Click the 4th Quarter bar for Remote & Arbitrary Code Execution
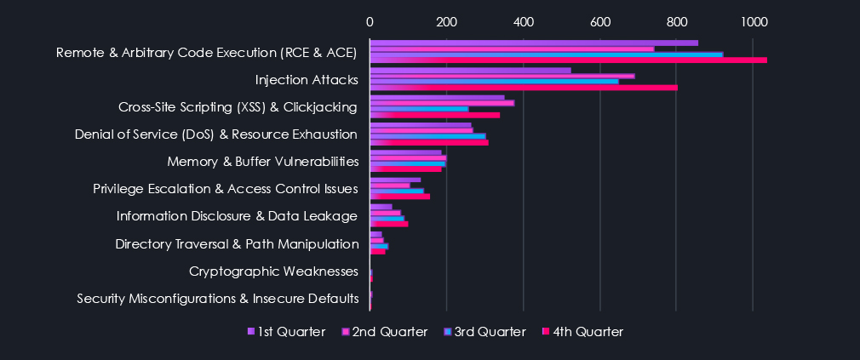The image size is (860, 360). pos(568,60)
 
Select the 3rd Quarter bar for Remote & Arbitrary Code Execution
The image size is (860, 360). pos(546,54)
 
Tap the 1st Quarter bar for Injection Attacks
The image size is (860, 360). pos(470,70)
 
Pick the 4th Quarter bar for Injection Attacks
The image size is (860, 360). pos(524,87)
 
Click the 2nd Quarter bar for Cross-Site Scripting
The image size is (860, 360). pos(442,103)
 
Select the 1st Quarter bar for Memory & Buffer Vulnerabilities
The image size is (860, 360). pos(405,152)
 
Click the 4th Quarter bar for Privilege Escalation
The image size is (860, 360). pos(399,197)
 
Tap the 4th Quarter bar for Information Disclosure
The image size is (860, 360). pos(389,224)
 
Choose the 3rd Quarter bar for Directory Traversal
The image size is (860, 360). pos(379,245)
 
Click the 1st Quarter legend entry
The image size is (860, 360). pos(286,332)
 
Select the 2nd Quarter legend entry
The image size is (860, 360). pos(385,332)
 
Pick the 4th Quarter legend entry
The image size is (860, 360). pos(582,332)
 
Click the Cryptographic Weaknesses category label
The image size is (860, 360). pos(273,271)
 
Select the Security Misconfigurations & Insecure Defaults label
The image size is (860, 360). pos(218,299)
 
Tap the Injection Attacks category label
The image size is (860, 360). pos(307,80)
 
